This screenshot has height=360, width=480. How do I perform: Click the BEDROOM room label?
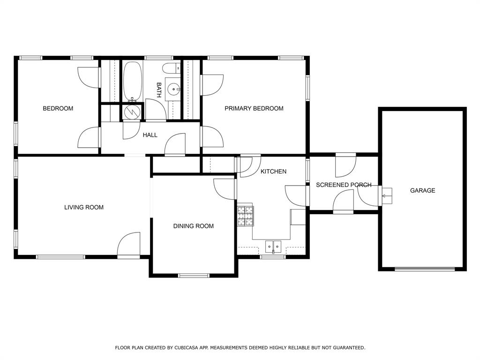(x=58, y=108)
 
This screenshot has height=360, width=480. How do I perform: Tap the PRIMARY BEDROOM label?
(x=254, y=108)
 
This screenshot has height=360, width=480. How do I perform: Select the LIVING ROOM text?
(x=84, y=207)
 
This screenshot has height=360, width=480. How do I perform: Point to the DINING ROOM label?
(x=194, y=226)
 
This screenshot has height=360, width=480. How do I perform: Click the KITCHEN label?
(x=273, y=172)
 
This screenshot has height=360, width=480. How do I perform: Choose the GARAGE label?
(x=422, y=190)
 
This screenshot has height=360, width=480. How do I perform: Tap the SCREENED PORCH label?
(x=344, y=185)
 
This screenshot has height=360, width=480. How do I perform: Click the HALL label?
(x=150, y=135)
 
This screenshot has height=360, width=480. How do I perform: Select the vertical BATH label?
(x=158, y=90)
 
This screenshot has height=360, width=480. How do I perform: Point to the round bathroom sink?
(x=174, y=90)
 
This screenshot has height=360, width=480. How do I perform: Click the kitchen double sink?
(x=273, y=247)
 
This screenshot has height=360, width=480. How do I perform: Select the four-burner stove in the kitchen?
(x=246, y=216)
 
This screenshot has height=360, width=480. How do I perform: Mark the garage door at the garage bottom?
(x=425, y=269)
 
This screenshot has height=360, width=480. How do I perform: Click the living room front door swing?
(x=129, y=244)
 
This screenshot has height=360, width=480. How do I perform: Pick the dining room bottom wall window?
(x=194, y=276)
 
